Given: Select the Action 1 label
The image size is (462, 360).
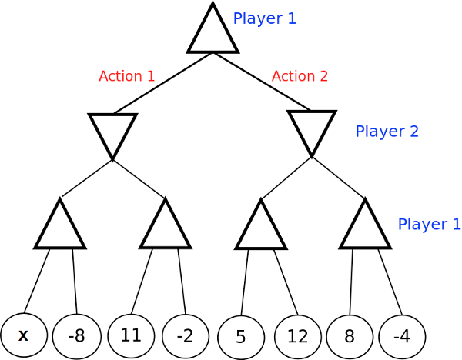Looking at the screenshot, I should [x=127, y=76].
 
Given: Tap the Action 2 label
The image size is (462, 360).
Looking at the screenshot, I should [x=300, y=76].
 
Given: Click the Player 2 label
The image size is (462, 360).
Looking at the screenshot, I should [x=387, y=132].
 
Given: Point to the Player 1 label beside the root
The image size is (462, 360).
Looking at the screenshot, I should [x=264, y=19].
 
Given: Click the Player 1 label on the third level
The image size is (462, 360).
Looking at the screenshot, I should [x=429, y=225].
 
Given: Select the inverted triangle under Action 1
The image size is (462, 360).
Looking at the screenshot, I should [x=112, y=132].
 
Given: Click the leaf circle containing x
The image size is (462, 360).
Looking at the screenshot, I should [x=24, y=336].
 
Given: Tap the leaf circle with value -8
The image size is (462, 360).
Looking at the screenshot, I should [x=76, y=336].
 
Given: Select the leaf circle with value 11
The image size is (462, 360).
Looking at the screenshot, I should [x=131, y=335].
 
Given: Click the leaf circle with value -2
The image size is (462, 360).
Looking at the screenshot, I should [x=185, y=336].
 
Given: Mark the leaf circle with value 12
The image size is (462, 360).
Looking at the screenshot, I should [x=297, y=337].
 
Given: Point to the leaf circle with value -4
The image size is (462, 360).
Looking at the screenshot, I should [x=402, y=337].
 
